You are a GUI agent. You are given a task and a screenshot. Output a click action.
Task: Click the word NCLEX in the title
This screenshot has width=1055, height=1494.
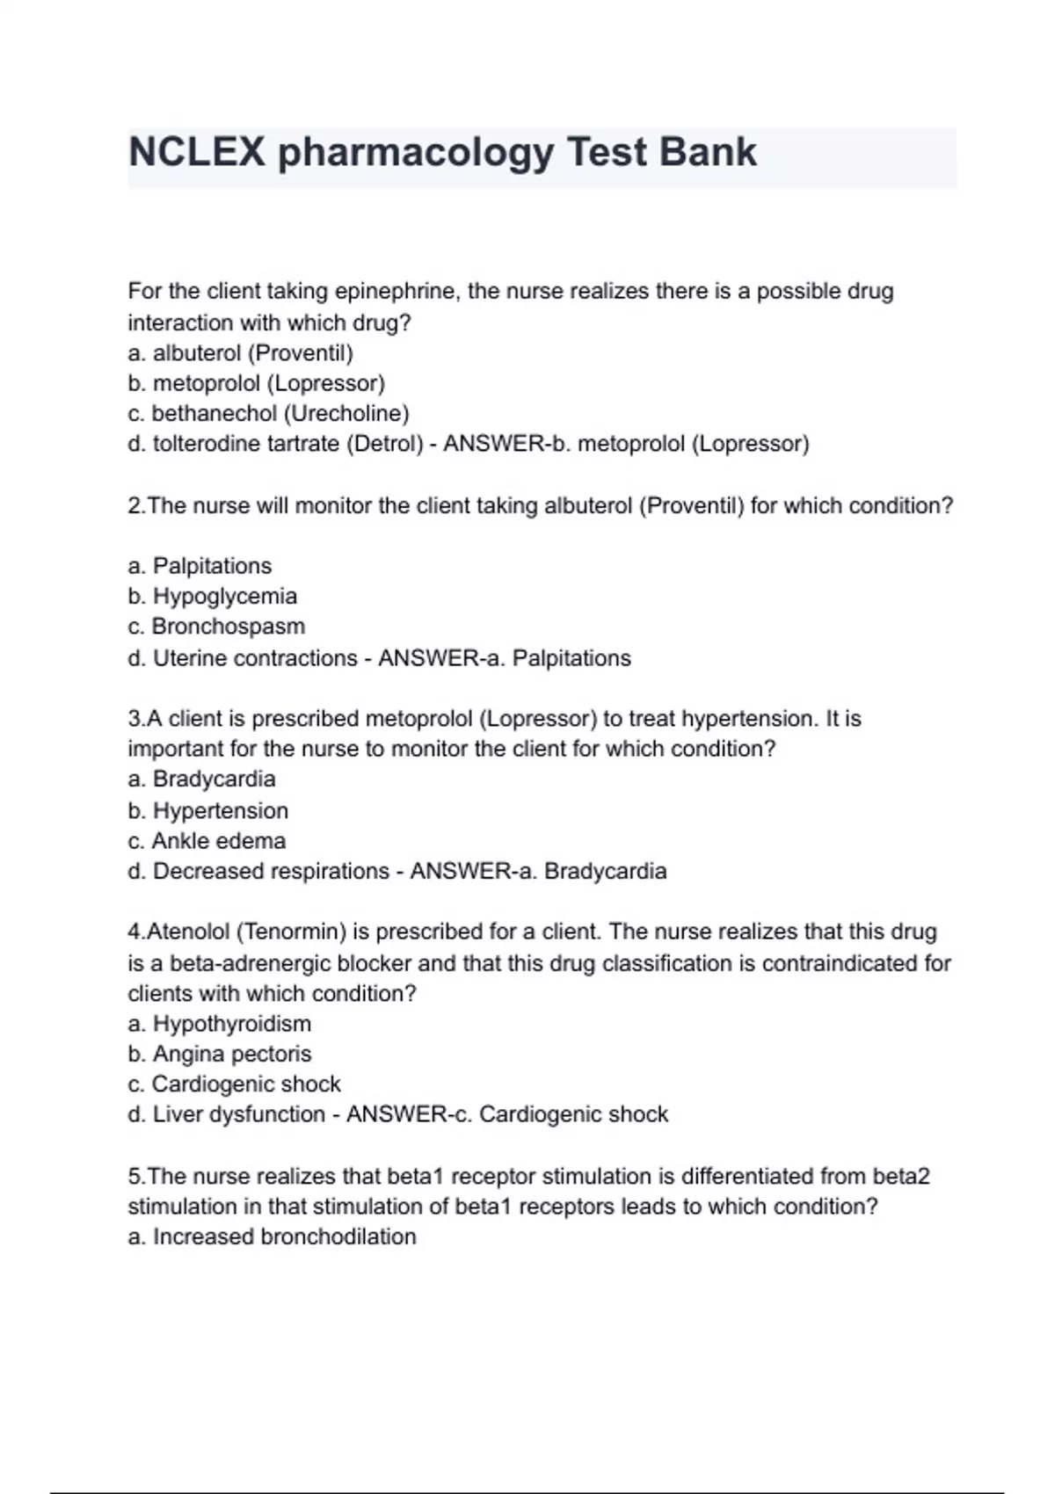[x=196, y=152]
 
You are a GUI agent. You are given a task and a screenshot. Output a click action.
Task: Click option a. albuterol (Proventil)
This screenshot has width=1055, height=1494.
[x=240, y=353]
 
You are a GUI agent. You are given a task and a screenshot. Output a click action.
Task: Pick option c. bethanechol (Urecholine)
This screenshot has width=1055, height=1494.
[x=268, y=413]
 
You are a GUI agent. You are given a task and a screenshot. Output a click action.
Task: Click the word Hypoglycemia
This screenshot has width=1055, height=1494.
[x=225, y=596]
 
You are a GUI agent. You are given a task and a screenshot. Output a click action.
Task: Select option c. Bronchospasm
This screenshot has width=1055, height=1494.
[x=216, y=627]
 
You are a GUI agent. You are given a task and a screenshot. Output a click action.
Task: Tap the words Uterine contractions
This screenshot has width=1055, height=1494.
[x=255, y=658]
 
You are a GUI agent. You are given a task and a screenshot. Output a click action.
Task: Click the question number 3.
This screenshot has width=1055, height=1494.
[x=135, y=719]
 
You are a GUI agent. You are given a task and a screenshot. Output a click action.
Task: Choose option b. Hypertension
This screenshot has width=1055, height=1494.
[x=207, y=810]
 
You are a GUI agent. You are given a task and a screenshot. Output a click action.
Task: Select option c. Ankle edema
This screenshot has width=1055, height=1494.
[x=207, y=841]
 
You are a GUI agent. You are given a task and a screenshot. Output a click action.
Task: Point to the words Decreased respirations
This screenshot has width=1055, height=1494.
[x=271, y=872]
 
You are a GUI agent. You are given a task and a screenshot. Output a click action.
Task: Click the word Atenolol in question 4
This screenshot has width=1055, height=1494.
[x=188, y=932]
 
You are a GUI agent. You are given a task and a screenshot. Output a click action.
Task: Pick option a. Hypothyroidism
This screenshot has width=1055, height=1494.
[x=219, y=1024]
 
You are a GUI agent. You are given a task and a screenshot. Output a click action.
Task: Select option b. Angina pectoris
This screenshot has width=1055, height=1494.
[x=219, y=1054]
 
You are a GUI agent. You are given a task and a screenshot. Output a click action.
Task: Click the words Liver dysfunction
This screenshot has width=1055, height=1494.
[x=239, y=1114]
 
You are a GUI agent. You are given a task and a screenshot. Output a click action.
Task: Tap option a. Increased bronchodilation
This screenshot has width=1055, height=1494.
[x=272, y=1237]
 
